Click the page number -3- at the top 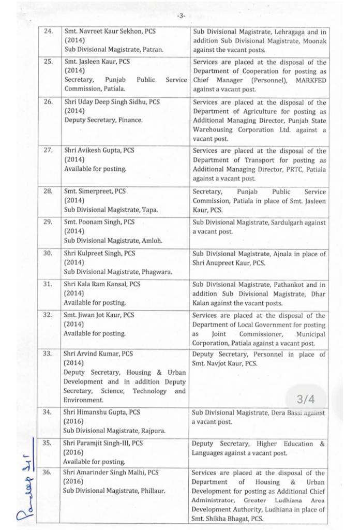(x=181, y=16)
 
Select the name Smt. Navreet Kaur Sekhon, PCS (x=110, y=32)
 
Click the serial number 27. (x=49, y=151)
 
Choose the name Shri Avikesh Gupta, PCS (x=99, y=151)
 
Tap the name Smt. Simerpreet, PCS (x=95, y=192)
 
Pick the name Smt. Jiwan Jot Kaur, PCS (x=99, y=315)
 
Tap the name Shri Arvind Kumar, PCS (x=98, y=354)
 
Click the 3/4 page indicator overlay (x=306, y=399)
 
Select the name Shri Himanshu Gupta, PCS (x=101, y=413)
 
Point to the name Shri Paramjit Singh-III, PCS (x=103, y=444)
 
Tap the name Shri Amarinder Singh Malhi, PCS (x=111, y=473)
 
